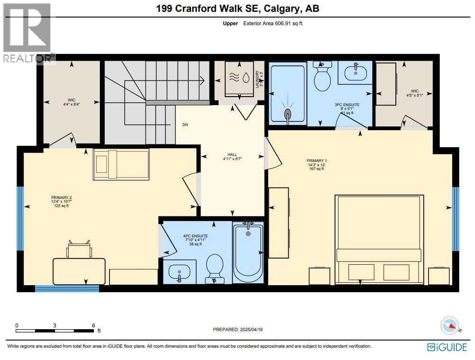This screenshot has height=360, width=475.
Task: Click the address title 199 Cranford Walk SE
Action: [237, 9]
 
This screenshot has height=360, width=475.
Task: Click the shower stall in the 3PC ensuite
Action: [287, 95]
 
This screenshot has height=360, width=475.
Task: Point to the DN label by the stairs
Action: [185, 125]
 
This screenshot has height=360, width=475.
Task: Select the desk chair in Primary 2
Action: [79, 249]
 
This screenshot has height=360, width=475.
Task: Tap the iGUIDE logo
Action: [447, 347]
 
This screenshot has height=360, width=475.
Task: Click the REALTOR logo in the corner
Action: [27, 33]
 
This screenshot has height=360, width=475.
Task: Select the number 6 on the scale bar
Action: [93, 325]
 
